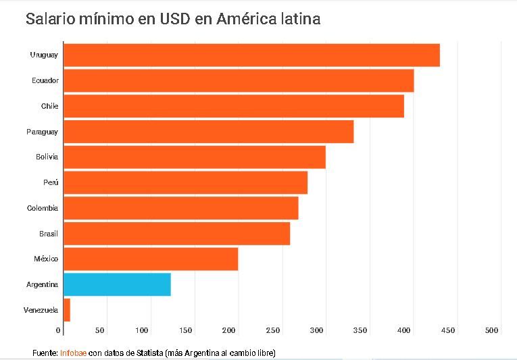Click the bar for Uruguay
pos(251,55)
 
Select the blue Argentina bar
pos(117,284)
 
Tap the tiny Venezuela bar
pos(67,310)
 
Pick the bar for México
pos(151,259)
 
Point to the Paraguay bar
pos(208,132)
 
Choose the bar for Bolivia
pos(195,157)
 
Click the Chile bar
pos(234,106)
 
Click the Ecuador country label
pos(45,81)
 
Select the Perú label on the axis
pos(51,183)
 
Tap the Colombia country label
pos(43,208)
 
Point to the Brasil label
pos(49,234)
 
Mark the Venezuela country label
pos(41,310)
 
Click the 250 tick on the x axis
pos(273,330)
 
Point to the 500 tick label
pos(491,330)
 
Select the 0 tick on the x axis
pos(59,330)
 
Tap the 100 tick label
pos(142,330)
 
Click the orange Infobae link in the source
pos(73,353)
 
